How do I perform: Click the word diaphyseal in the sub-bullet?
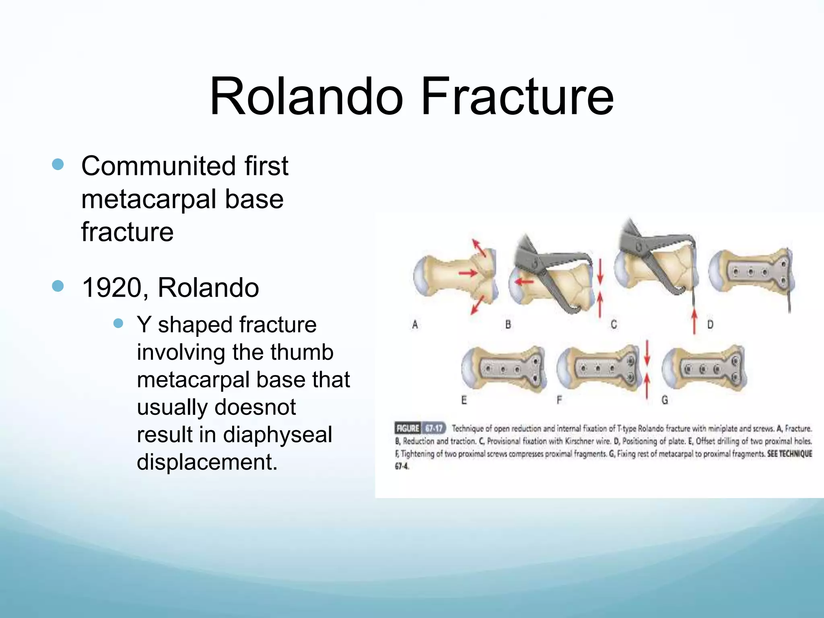[278, 435]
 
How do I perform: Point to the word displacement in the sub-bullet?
[207, 462]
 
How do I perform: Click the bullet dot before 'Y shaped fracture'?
[118, 324]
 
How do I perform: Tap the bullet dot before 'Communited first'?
[58, 165]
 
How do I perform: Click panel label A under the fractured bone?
[415, 324]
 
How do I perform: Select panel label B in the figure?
[508, 324]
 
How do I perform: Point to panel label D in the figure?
[710, 324]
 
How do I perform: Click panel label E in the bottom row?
[464, 400]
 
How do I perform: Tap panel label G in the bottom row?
[665, 400]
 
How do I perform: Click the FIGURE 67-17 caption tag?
[420, 428]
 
